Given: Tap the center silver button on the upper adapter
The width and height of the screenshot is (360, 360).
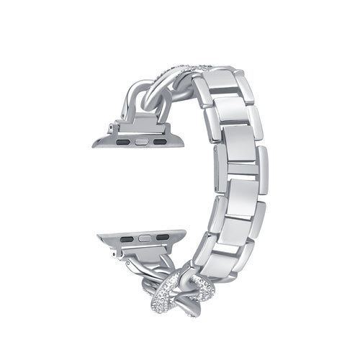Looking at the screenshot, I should tap(138, 142).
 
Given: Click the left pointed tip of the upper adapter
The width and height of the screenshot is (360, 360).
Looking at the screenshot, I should tap(94, 143).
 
